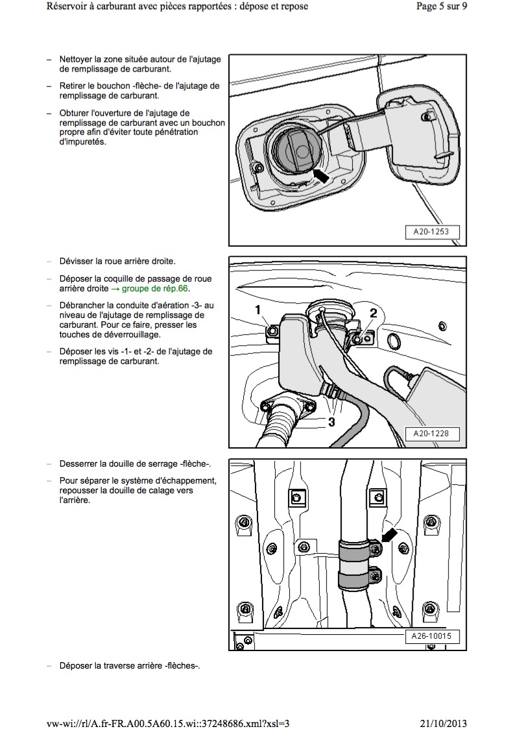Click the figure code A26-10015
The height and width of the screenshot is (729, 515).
[431, 636]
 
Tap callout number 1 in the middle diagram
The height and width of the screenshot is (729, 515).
[258, 309]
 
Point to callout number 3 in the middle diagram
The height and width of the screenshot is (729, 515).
[331, 422]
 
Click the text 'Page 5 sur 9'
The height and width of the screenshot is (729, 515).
[440, 6]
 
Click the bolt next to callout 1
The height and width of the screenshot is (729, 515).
[272, 332]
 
